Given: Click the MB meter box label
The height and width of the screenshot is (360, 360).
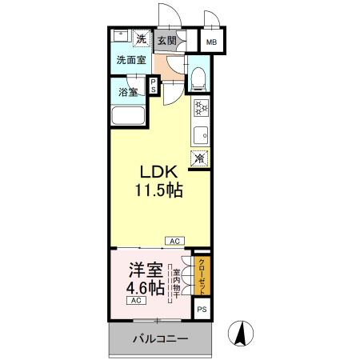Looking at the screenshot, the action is pyautogui.click(x=211, y=42).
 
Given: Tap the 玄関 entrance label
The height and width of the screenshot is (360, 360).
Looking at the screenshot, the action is pyautogui.click(x=167, y=41).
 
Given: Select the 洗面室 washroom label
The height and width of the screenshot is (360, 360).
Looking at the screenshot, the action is pyautogui.click(x=131, y=60).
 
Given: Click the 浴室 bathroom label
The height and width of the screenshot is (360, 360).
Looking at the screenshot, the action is pyautogui.click(x=128, y=92).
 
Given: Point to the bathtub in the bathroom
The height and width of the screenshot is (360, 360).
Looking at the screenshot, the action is pyautogui.click(x=128, y=115).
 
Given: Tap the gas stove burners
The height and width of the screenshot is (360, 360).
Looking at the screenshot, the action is pyautogui.click(x=201, y=107).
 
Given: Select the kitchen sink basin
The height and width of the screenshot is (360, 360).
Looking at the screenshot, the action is pyautogui.click(x=201, y=135).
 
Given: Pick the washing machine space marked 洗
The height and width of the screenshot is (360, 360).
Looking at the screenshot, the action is pyautogui.click(x=142, y=39).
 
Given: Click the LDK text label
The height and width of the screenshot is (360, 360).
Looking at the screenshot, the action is pyautogui.click(x=159, y=172).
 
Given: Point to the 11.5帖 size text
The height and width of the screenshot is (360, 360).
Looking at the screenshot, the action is pyautogui.click(x=159, y=190).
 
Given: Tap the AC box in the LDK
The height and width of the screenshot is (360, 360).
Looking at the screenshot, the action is pyautogui.click(x=175, y=241).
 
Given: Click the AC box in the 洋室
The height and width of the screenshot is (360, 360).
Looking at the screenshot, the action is pyautogui.click(x=136, y=301).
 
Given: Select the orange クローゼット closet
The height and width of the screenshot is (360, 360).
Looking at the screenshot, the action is pyautogui.click(x=202, y=276).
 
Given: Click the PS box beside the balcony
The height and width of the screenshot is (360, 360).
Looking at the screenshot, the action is pyautogui.click(x=202, y=310).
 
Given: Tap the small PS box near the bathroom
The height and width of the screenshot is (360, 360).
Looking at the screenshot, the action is pyautogui.click(x=154, y=86).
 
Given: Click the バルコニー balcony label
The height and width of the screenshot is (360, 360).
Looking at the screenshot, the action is pyautogui.click(x=161, y=339).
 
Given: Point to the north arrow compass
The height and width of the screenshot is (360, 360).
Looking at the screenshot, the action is pyautogui.click(x=241, y=334).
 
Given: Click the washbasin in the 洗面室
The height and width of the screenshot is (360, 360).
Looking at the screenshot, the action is pyautogui.click(x=121, y=36).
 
